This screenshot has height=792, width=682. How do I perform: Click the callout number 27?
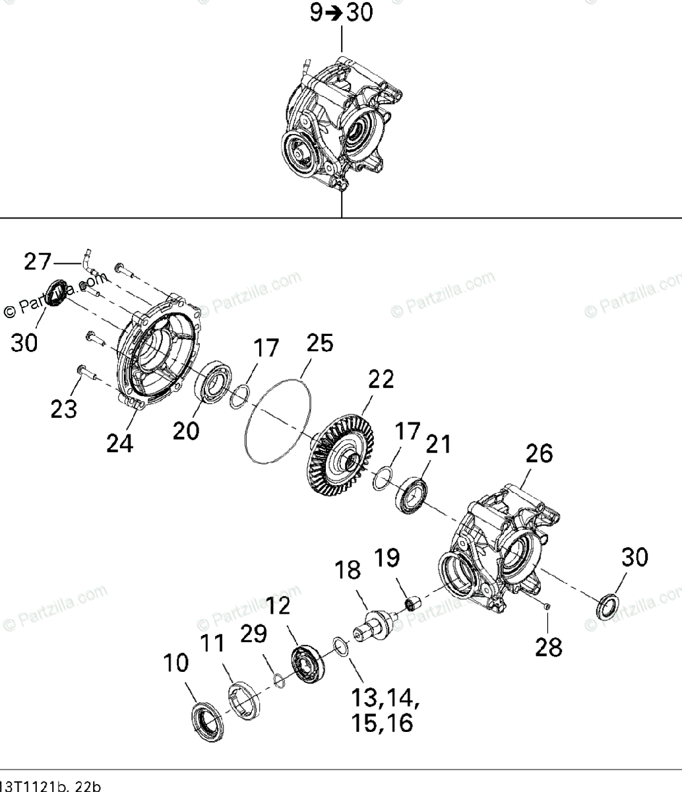tap(38, 262)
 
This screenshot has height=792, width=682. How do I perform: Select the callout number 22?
tap(381, 379)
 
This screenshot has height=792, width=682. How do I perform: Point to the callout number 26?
tap(539, 455)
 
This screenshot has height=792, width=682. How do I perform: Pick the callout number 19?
tap(388, 559)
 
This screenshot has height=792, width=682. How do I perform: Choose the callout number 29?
tap(253, 634)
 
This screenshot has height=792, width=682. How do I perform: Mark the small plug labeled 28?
tap(547, 606)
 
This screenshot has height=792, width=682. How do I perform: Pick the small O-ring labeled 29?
tap(279, 679)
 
